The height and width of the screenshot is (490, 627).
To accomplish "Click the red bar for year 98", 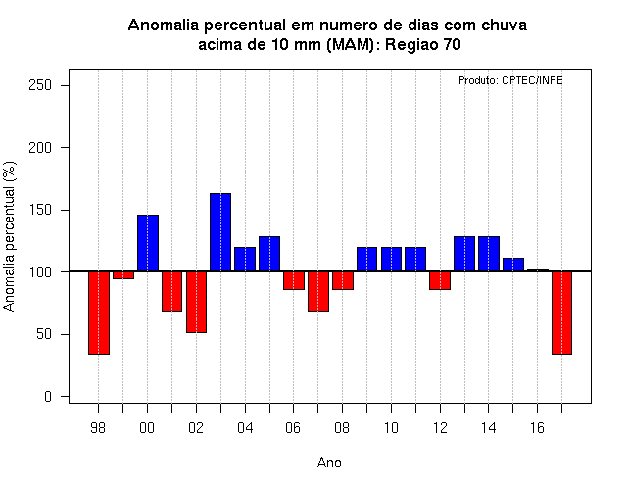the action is pyautogui.click(x=99, y=313).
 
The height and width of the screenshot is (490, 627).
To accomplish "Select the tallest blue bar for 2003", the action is pyautogui.click(x=220, y=232).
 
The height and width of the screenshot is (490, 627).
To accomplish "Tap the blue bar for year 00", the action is pyautogui.click(x=148, y=243).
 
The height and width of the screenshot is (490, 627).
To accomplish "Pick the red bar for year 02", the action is pyautogui.click(x=196, y=302).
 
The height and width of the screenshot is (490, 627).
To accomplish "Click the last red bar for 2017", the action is pyautogui.click(x=561, y=313).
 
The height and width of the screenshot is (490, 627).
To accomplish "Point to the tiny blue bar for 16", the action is pyautogui.click(x=538, y=270).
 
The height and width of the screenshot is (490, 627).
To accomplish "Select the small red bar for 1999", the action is pyautogui.click(x=123, y=275).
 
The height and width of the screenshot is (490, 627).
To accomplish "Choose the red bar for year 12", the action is pyautogui.click(x=440, y=280).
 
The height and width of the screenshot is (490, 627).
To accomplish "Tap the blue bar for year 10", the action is pyautogui.click(x=391, y=260).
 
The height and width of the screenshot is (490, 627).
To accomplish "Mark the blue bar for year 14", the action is pyautogui.click(x=489, y=254).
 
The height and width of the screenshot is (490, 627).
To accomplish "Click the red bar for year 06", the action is pyautogui.click(x=294, y=280).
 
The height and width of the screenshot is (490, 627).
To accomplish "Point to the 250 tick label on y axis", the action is pyautogui.click(x=40, y=85).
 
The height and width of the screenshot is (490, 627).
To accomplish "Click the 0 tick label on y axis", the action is pyautogui.click(x=48, y=396).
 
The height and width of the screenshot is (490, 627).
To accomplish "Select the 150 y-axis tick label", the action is pyautogui.click(x=40, y=210).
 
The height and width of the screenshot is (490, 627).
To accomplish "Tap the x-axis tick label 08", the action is pyautogui.click(x=342, y=428).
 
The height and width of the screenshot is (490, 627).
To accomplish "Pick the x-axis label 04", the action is pyautogui.click(x=245, y=428).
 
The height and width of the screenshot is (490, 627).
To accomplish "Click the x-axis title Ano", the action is pyautogui.click(x=329, y=463).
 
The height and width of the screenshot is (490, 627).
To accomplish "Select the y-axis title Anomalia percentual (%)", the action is pyautogui.click(x=9, y=236).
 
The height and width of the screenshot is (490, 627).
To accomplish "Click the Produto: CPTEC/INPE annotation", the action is pyautogui.click(x=510, y=80).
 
